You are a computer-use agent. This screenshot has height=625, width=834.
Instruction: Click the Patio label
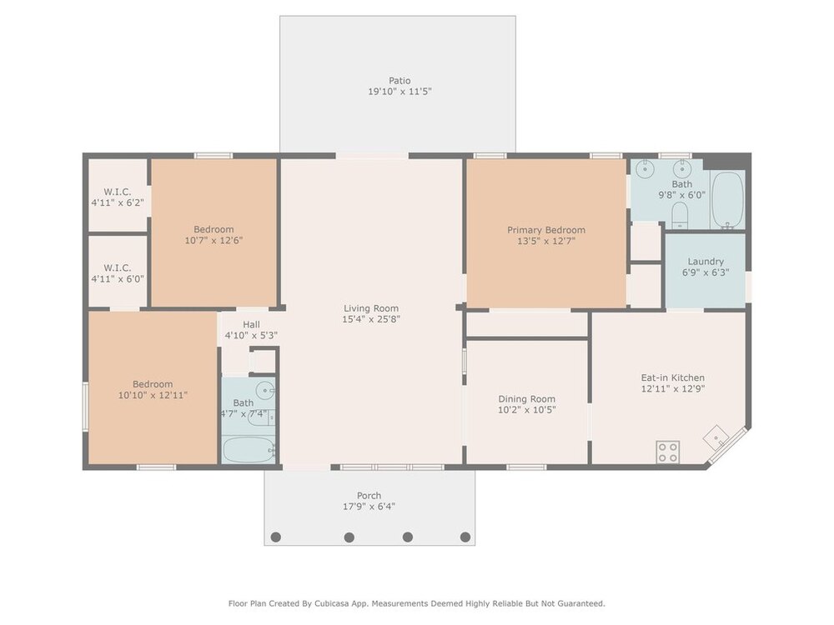coord(399,81)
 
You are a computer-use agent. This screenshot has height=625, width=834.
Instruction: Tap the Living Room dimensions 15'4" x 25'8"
coord(371,319)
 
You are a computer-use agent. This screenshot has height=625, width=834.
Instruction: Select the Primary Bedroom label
coord(546,230)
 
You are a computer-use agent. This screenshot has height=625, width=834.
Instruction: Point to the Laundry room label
coord(706,262)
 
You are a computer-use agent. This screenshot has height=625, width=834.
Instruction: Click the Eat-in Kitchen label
coord(673,377)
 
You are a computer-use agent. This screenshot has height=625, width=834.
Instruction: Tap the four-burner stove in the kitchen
coord(667,452)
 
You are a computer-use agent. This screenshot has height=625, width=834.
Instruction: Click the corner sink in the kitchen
coord(717,438)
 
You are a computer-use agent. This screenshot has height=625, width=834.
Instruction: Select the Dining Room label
coord(526,399)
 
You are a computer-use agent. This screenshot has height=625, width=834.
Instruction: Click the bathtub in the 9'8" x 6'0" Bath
coord(727,200)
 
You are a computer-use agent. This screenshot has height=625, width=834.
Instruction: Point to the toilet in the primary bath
coord(681,215)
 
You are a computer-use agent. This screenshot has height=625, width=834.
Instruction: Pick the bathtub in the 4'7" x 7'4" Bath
coord(249,450)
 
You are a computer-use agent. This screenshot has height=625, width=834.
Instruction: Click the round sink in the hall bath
coord(265,391)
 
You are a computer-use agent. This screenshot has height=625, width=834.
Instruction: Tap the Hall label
coord(252,325)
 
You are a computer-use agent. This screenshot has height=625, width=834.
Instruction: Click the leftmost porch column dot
coord(275,537)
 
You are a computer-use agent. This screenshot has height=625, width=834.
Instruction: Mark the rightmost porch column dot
coord(465,537)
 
